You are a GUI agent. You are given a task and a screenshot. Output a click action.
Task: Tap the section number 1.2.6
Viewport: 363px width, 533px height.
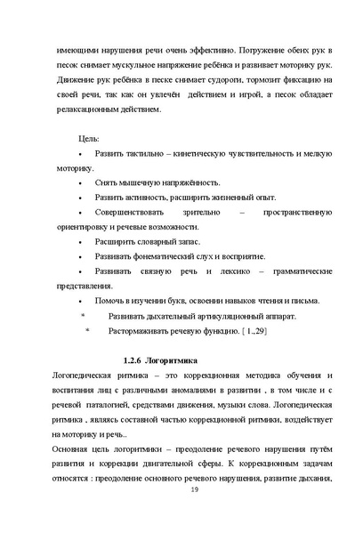pyautogui.click(x=133, y=359)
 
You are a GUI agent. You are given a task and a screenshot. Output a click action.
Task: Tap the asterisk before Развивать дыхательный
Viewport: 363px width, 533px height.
pyautogui.click(x=83, y=315)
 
